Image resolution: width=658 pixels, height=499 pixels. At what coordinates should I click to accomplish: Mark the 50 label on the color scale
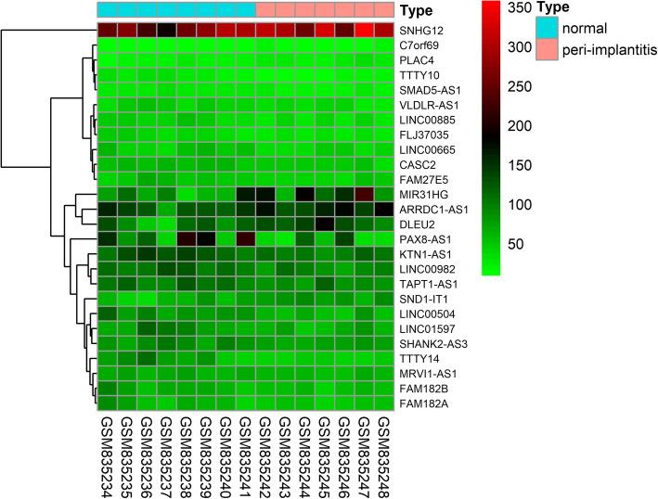click(x=533, y=245)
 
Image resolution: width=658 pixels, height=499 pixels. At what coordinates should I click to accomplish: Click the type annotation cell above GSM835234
click(x=107, y=9)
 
